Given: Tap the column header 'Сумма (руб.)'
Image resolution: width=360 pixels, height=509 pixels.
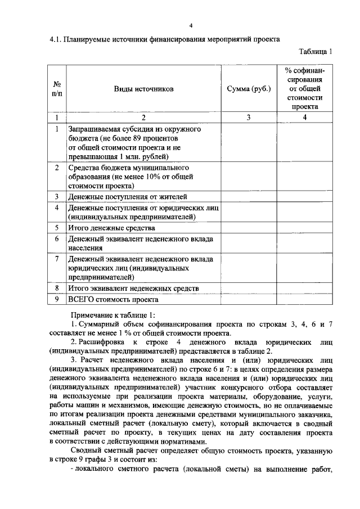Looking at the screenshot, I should tap(248, 89).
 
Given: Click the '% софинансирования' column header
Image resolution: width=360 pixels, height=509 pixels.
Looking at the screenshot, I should tap(304, 88).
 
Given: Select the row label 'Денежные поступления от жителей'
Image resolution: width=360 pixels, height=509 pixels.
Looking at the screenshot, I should tap(128, 197).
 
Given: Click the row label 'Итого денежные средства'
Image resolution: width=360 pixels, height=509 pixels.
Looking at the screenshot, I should tap(111, 228).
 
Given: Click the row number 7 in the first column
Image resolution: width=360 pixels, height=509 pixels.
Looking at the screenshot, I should tap(57, 259).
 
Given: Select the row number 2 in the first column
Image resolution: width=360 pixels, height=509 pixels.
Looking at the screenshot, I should tap(57, 168).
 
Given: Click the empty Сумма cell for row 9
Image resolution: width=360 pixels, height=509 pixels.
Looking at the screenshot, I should tap(248, 299).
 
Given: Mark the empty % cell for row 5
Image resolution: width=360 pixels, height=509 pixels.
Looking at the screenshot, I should tap(304, 228).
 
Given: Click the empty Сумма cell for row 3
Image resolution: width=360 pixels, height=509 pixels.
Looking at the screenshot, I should tap(248, 197).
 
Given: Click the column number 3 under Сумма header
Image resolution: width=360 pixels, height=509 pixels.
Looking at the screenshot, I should tap(248, 118).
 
